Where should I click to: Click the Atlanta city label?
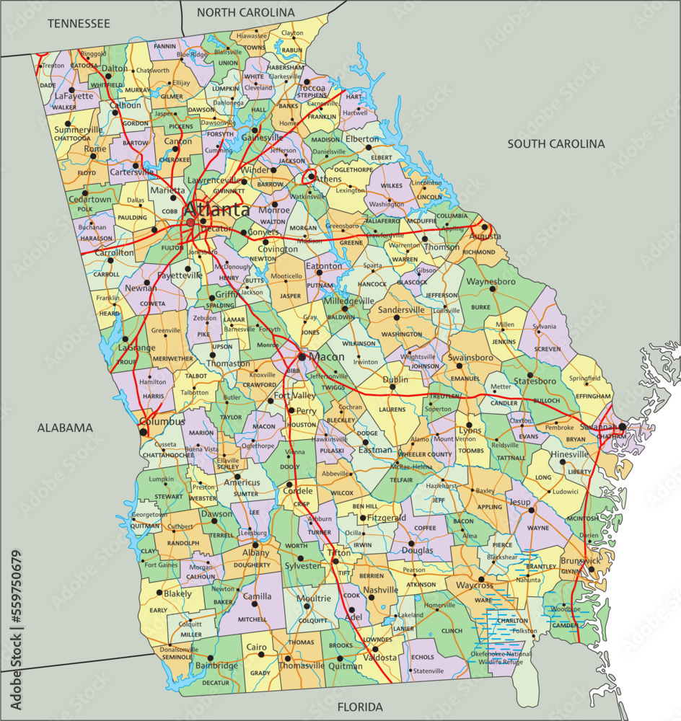pyautogui.click(x=216, y=210)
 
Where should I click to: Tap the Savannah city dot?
pyautogui.click(x=622, y=427)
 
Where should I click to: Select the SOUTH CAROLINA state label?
pyautogui.click(x=555, y=143)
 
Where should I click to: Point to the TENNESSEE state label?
pyautogui.click(x=79, y=24)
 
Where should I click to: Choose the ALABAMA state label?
pyautogui.click(x=65, y=428)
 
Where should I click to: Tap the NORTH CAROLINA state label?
pyautogui.click(x=246, y=12)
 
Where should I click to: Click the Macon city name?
pyautogui.click(x=326, y=357)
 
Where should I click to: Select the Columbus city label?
pyautogui.click(x=162, y=421)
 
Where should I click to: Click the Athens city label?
pyautogui.click(x=328, y=179)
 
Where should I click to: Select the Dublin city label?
pyautogui.click(x=395, y=379)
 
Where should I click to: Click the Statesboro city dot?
pyautogui.click(x=530, y=376)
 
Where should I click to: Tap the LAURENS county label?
pyautogui.click(x=392, y=410)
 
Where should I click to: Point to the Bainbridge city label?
pyautogui.click(x=216, y=665)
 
